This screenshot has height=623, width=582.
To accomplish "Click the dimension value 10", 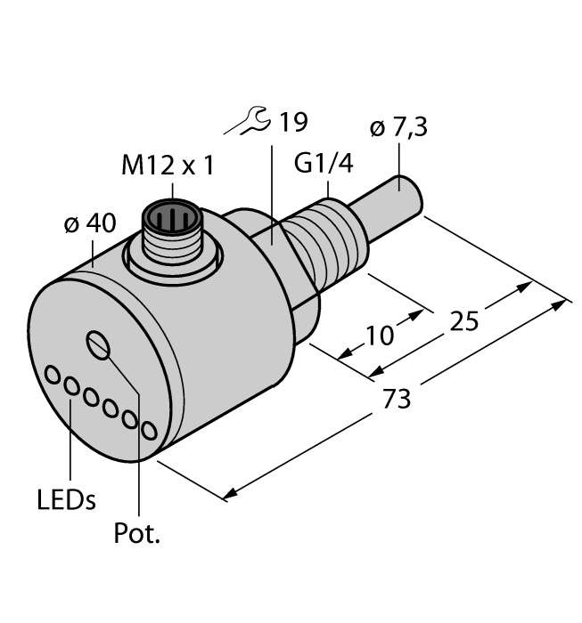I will point(379,336).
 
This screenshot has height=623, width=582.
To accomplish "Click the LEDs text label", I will point(66,499).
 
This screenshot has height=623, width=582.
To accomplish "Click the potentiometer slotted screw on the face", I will point(97,343).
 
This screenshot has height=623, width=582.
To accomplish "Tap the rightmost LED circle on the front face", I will point(149,431).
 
